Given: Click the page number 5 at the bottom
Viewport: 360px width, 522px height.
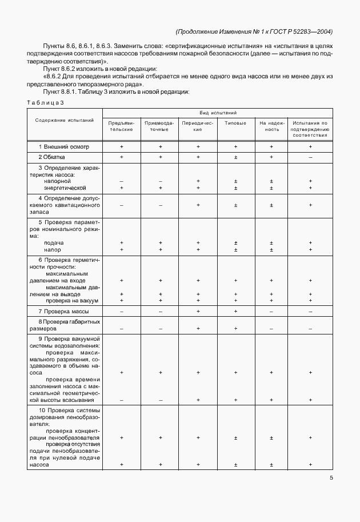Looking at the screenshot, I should [331, 478].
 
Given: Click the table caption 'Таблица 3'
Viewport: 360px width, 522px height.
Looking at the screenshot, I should [45, 102].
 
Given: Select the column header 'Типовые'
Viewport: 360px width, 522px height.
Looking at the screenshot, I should [235, 122].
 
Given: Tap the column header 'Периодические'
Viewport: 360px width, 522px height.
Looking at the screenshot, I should [198, 126].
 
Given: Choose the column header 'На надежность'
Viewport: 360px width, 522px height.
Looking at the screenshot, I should [271, 126].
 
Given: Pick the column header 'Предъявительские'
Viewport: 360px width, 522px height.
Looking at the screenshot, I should [122, 126].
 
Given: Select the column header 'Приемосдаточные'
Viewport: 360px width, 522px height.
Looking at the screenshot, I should [160, 126].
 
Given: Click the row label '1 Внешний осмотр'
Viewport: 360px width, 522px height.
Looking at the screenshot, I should [63, 146].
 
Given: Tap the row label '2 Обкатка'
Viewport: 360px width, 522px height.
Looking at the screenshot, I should [52, 156].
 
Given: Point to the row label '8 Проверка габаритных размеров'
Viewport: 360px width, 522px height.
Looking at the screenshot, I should [65, 325].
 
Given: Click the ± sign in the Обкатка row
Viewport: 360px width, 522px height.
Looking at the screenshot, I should [235, 156].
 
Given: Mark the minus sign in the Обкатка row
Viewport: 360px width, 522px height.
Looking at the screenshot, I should [310, 156].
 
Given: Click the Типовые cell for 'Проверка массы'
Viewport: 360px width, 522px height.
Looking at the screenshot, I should [235, 311].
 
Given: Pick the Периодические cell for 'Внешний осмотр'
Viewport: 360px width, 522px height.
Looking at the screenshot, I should [198, 146].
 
